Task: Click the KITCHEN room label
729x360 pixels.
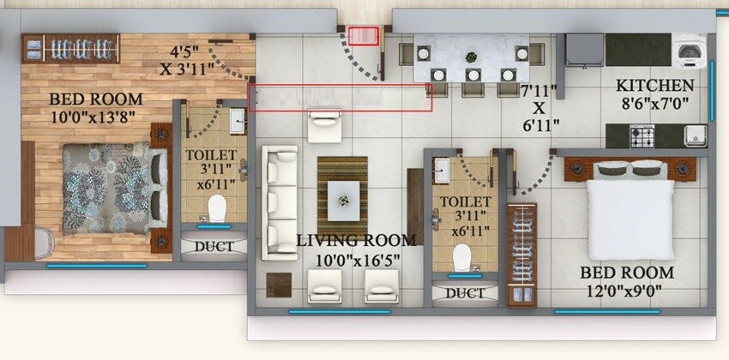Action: (655, 86)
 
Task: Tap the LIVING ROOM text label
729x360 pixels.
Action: (356, 241)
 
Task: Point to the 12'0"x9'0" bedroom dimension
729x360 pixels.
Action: (627, 291)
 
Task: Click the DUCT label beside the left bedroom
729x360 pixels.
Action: (213, 247)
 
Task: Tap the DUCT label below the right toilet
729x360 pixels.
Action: (464, 293)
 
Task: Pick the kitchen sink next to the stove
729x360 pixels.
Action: (694, 135)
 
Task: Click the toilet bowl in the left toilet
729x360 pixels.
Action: (215, 207)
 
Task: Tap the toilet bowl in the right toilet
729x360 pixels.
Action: (463, 255)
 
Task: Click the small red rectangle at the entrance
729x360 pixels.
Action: (364, 36)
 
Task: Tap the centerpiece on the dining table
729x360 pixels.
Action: (470, 58)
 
